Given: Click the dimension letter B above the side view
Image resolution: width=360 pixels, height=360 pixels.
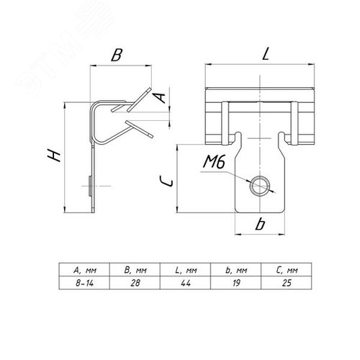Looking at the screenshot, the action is (x=117, y=55).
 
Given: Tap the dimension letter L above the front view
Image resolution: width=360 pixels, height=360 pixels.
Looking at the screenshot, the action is (x=266, y=54).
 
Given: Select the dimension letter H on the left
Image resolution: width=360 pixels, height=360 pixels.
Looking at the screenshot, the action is (x=54, y=155).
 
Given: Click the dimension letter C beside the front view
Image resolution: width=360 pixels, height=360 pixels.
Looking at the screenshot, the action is (x=166, y=181).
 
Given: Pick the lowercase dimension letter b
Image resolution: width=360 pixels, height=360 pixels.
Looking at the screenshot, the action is (x=260, y=224).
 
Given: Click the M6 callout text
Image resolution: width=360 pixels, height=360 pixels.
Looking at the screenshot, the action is (x=214, y=162).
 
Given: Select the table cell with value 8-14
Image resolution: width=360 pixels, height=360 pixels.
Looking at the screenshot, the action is (x=84, y=283).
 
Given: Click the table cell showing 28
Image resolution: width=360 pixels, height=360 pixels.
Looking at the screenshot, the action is (x=135, y=283).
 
